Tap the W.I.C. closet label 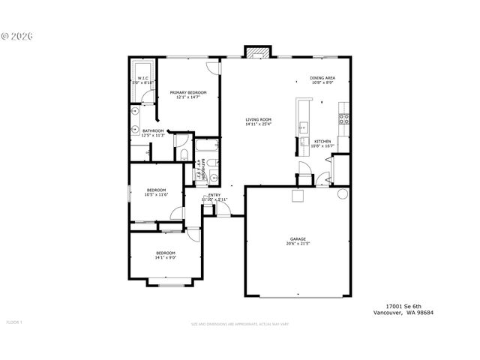142,78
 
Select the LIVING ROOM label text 258,119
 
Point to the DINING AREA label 322,78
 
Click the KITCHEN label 322,141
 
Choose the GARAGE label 298,239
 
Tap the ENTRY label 214,195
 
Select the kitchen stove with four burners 343,118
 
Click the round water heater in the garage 342,193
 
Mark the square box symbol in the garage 298,196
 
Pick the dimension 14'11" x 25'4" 258,124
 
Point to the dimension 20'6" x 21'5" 298,244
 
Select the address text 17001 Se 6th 404,306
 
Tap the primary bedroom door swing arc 213,67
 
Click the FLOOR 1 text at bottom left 14,322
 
